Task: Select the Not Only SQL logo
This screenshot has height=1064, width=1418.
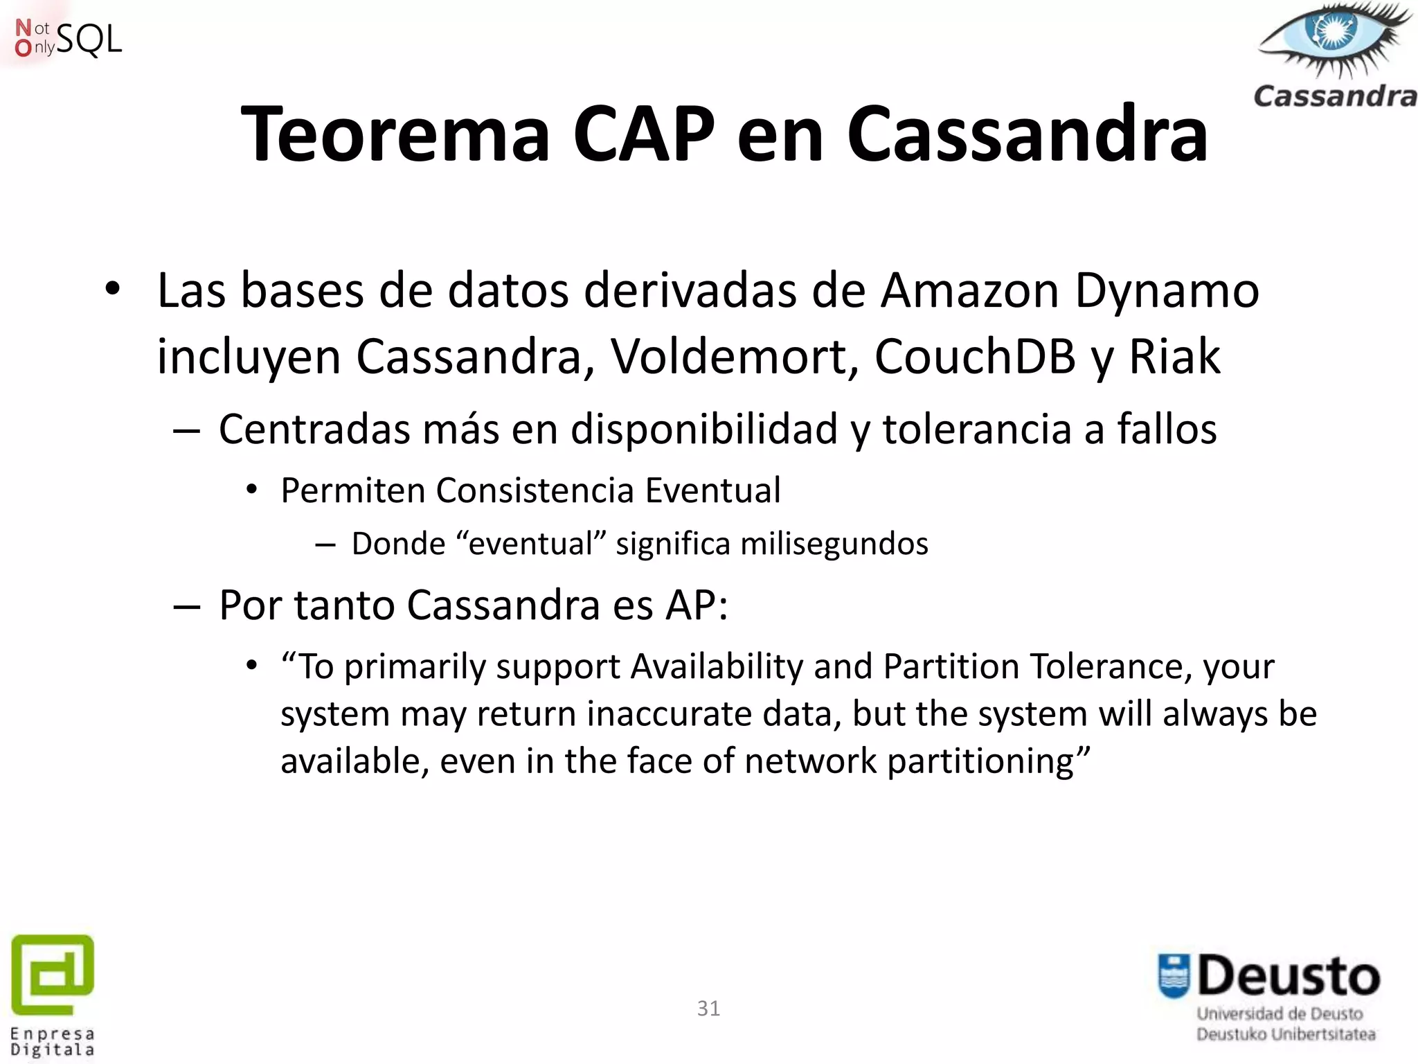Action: click(x=68, y=38)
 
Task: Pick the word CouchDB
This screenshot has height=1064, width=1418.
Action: click(x=975, y=357)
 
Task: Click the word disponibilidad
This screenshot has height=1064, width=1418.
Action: click(x=704, y=429)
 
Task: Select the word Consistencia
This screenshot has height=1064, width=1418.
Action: click(x=535, y=491)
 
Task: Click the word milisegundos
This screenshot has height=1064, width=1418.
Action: click(x=834, y=544)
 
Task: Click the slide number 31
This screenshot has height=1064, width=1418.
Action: click(x=708, y=1009)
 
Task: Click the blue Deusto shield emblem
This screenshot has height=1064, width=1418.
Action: click(x=1174, y=977)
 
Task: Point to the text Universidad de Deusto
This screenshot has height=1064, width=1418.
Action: click(x=1280, y=1014)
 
